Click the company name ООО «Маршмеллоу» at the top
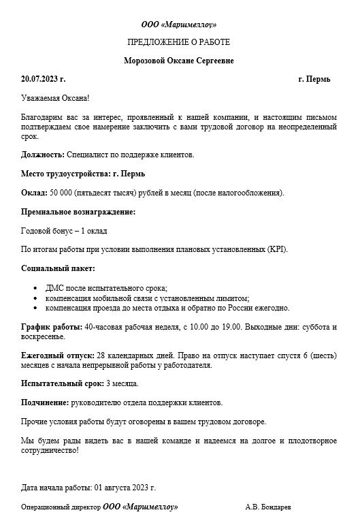click(x=180, y=25)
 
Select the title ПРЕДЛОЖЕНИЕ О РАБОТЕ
click(x=180, y=42)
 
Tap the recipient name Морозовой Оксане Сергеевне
click(x=180, y=61)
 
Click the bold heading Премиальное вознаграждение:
click(x=78, y=212)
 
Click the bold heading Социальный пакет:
click(x=58, y=268)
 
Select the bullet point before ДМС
click(x=35, y=289)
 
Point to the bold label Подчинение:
click(x=44, y=402)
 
